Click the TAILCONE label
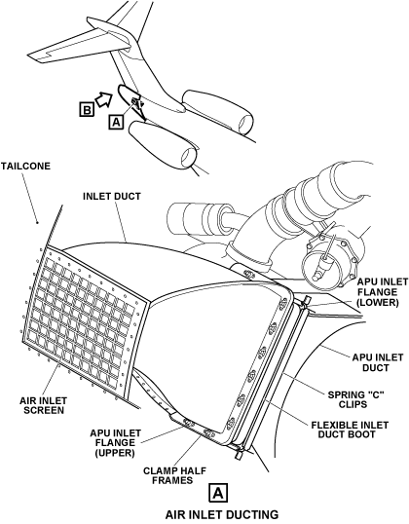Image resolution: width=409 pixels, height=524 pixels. [25, 167]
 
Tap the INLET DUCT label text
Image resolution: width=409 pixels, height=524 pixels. [112, 196]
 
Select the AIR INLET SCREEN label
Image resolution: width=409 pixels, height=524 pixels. [43, 405]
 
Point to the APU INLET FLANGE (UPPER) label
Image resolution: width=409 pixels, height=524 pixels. [115, 443]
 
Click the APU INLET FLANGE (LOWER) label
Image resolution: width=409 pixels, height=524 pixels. [383, 292]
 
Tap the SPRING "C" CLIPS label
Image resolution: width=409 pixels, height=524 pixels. [355, 399]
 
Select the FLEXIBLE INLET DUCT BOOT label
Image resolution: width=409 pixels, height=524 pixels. [350, 430]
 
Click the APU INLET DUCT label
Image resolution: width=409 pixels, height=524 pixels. [378, 363]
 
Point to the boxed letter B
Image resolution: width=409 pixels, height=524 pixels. [87, 110]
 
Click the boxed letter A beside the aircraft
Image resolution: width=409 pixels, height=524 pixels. [116, 122]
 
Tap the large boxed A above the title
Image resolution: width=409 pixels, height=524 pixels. [218, 492]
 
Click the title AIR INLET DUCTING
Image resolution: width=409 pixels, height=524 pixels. [222, 514]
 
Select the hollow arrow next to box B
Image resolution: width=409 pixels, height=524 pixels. [104, 99]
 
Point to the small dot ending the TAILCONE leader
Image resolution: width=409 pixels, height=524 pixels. [37, 223]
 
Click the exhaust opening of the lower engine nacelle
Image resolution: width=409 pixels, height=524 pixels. [189, 157]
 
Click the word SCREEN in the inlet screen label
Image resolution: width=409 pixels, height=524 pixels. [43, 410]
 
